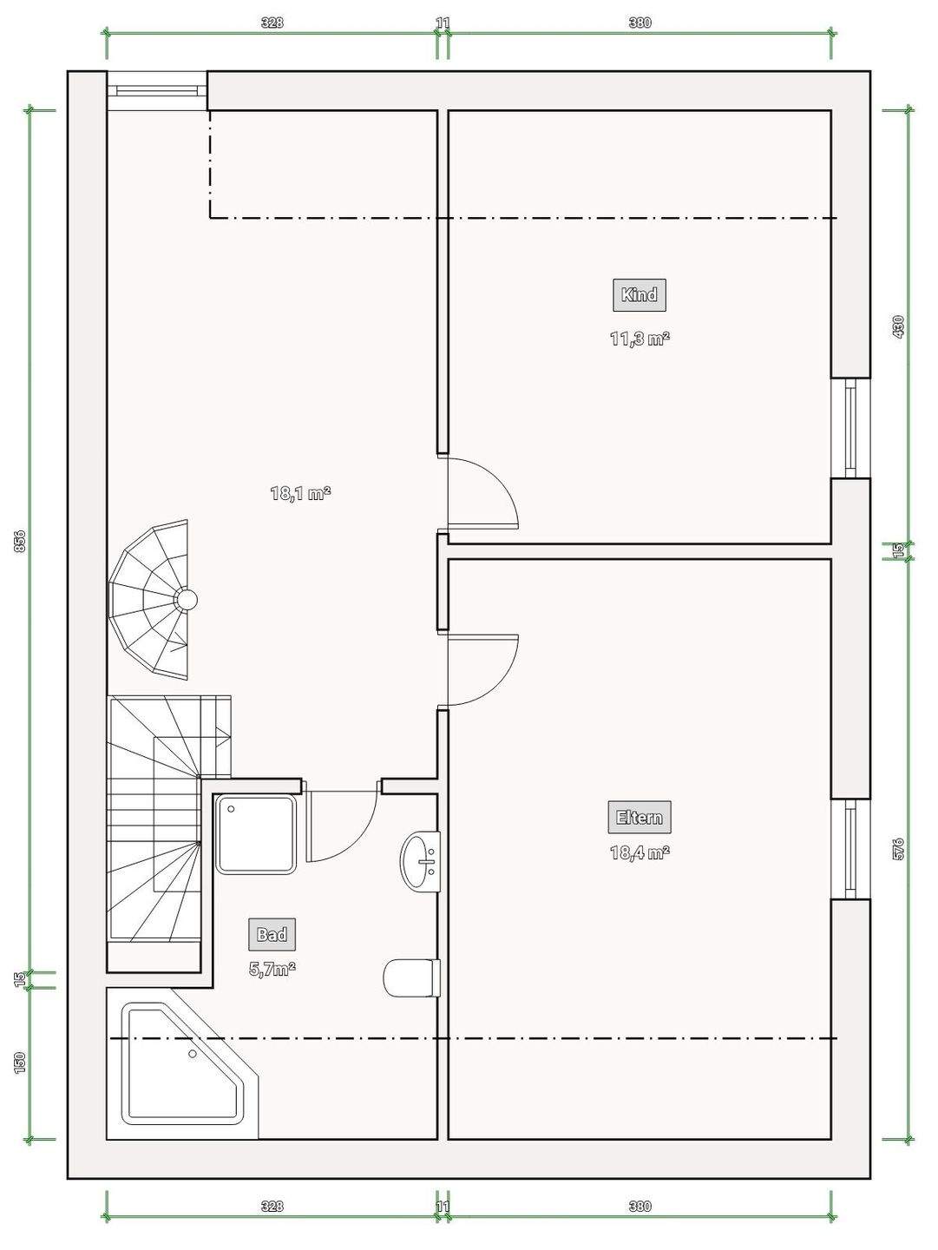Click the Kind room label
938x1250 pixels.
coord(640,295)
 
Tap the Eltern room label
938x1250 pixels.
coord(640,817)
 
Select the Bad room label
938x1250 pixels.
coord(272,935)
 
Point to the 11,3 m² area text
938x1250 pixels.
coord(640,339)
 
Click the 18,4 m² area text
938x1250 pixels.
coord(640,852)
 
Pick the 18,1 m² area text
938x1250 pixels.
coord(300,492)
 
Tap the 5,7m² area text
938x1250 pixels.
coord(272,969)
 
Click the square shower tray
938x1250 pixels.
coord(256,834)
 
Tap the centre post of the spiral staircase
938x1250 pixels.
coord(186,599)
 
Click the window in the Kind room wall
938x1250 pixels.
coord(850,428)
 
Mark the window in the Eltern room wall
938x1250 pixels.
coord(850,849)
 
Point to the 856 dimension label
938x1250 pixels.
coord(21,541)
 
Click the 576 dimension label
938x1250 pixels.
coord(899,849)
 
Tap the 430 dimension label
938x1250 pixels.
coord(899,327)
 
